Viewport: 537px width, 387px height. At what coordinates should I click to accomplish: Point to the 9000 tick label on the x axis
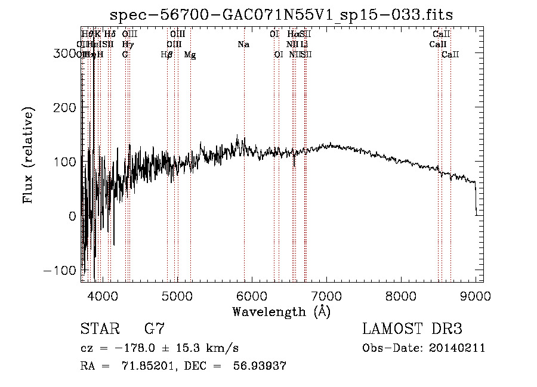(x=476, y=295)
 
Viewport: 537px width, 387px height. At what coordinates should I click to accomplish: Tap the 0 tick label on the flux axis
(x=72, y=216)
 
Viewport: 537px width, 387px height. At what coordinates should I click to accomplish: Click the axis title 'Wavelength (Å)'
(x=281, y=311)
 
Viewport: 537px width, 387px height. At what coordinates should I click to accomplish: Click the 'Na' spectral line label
(x=243, y=45)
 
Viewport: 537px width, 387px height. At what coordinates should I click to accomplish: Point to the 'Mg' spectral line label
(x=190, y=55)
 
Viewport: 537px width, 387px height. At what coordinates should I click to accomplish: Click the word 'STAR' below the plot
(x=101, y=329)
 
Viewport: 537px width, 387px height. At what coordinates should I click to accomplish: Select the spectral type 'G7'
(x=154, y=329)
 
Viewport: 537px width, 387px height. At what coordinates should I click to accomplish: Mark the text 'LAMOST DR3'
(x=412, y=329)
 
